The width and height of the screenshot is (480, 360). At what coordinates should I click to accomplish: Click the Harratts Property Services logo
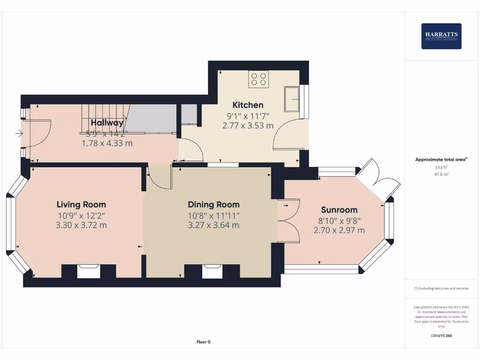point(441,36)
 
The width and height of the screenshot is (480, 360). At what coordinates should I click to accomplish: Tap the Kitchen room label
point(248,105)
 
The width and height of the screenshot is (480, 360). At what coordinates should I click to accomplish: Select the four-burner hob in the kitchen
point(259,79)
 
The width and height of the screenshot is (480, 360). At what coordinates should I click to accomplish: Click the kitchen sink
point(292,98)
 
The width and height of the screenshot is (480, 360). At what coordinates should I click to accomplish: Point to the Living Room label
point(81,204)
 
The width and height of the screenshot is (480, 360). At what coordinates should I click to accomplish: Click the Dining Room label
point(213,204)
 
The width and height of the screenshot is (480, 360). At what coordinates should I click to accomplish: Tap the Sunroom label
point(339,210)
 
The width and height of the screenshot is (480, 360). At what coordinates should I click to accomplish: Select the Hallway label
point(107,123)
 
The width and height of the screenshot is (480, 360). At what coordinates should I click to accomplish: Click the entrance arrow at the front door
point(19,134)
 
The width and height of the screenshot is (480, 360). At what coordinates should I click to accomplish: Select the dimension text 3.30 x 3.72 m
point(81,225)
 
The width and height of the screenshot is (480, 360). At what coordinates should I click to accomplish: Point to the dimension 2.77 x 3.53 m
point(248,125)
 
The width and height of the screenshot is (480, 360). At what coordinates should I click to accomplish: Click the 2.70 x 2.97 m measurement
point(339,230)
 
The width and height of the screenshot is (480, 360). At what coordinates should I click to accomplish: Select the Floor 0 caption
point(203,342)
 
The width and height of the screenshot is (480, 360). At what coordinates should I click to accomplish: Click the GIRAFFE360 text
point(441,336)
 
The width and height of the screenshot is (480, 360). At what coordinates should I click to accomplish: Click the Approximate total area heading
point(441,159)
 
